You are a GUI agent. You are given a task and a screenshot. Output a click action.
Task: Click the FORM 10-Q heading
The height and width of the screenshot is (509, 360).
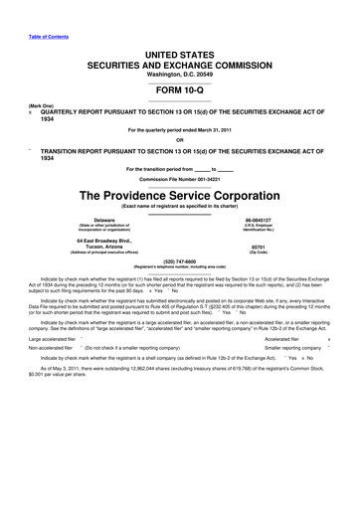coord(180,85)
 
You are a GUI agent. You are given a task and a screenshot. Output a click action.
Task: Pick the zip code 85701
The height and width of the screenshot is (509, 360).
coord(259,246)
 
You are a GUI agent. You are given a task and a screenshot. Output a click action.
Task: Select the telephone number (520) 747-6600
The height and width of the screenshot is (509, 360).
coord(180,263)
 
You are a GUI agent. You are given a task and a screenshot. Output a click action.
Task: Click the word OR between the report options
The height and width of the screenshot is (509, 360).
coord(180,139)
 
